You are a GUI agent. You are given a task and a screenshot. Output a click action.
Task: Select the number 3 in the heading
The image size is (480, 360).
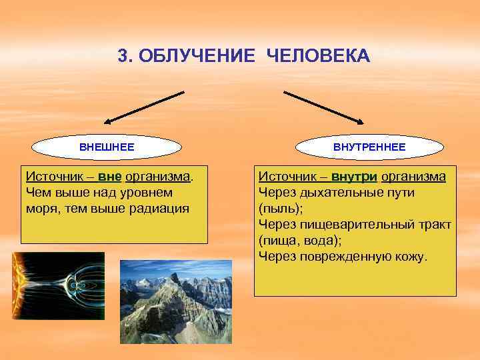point(123,56)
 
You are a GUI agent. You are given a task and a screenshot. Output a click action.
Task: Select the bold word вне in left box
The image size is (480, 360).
point(109,177)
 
